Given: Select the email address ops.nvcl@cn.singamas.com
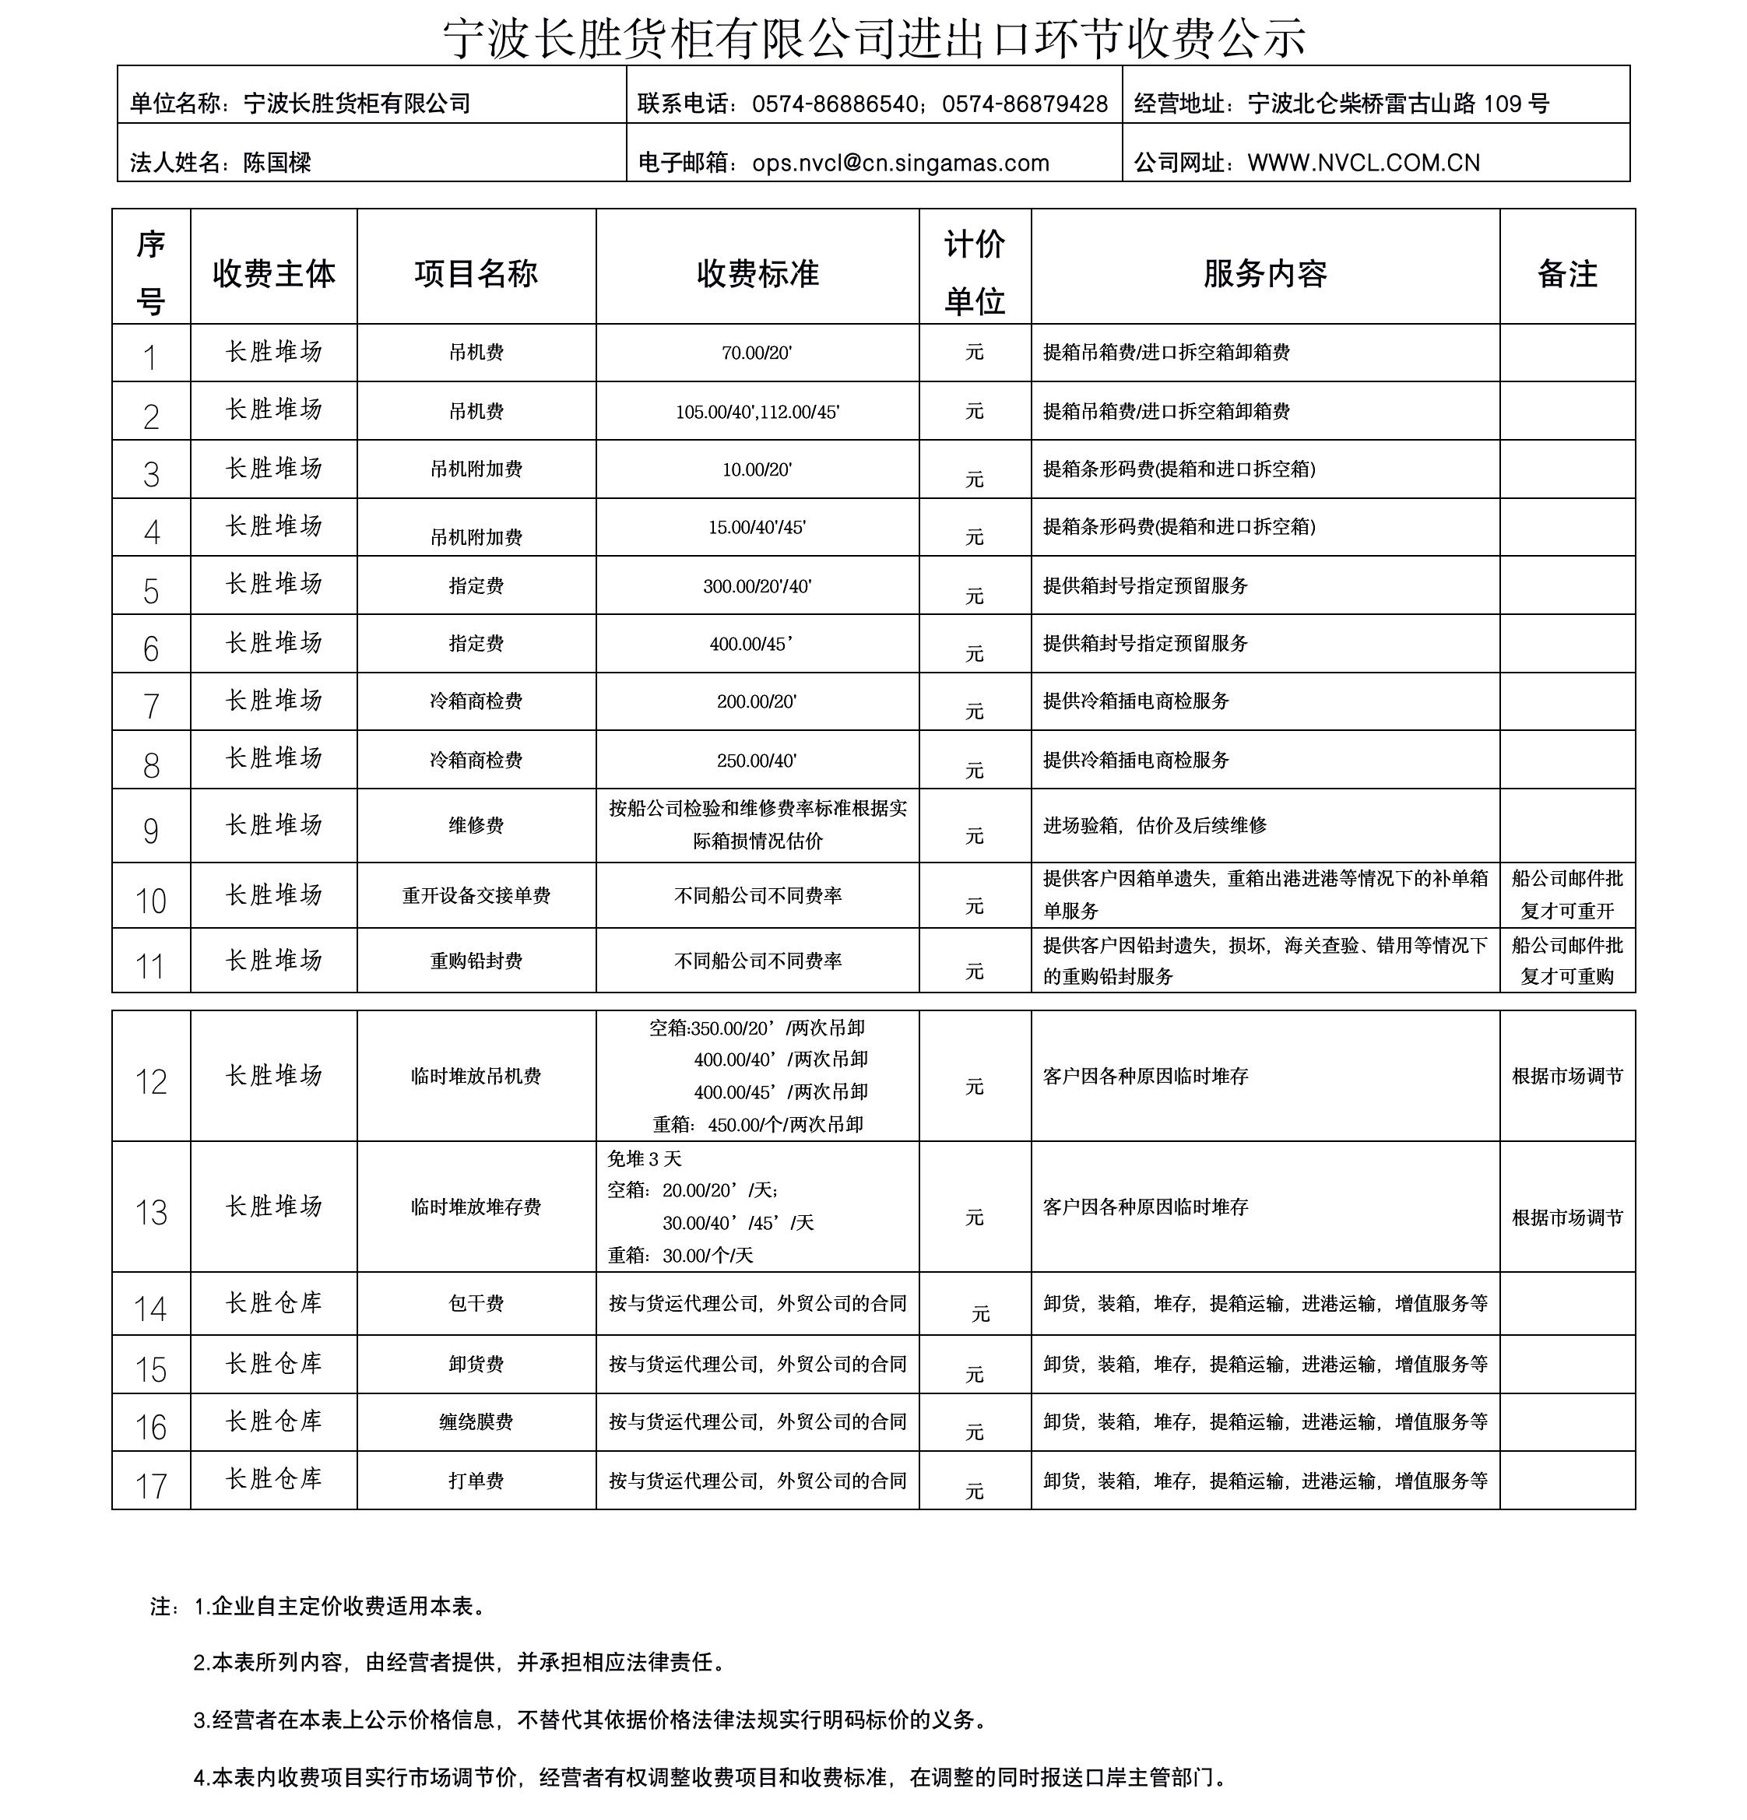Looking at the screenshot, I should (x=900, y=163).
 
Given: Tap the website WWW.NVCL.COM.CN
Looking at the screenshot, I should (x=1363, y=163).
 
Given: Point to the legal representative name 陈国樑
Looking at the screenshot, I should (x=277, y=163).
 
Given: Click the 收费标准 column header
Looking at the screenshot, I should (x=757, y=273).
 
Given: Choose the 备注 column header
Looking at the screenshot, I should (x=1567, y=273).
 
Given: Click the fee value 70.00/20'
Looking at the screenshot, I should (x=757, y=352).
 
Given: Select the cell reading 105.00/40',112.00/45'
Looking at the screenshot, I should (x=757, y=411).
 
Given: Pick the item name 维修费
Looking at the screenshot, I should (x=476, y=824).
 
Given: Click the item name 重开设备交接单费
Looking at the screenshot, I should (x=476, y=895).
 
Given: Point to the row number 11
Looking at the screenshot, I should (x=150, y=966).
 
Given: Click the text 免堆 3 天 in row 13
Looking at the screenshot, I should (x=645, y=1158).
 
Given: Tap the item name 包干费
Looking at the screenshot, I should (x=476, y=1304).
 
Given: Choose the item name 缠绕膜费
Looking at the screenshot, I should (x=476, y=1421).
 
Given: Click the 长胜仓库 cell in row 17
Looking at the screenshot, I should (x=273, y=1478).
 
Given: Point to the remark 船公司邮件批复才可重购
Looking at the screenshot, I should (x=1567, y=960).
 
